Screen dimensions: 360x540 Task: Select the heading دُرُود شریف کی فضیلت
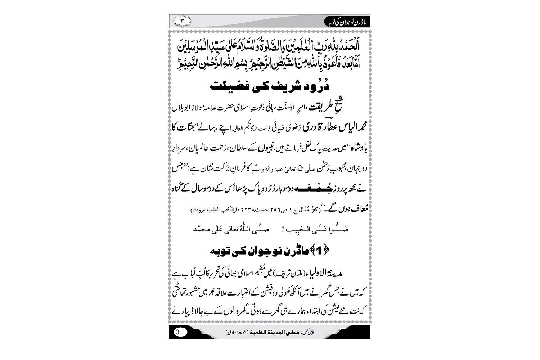click(270, 87)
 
